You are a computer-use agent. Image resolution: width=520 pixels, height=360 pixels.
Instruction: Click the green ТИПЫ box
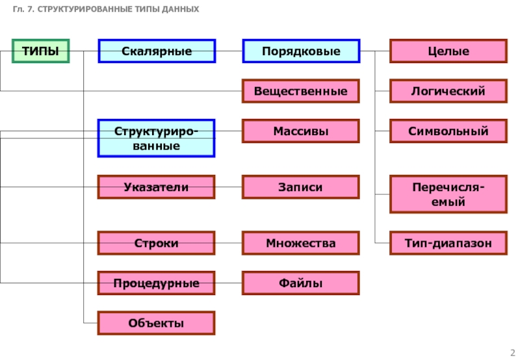pyautogui.click(x=41, y=51)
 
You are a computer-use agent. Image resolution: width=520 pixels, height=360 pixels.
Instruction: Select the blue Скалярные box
pyautogui.click(x=157, y=51)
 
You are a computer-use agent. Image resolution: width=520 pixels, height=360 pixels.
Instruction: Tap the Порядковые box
pyautogui.click(x=301, y=51)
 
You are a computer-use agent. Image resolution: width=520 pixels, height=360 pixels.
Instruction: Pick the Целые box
pyautogui.click(x=448, y=51)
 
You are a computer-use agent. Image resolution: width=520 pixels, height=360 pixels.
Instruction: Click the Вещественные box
pyautogui.click(x=301, y=91)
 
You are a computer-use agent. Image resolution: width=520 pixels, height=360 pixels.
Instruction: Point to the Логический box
pyautogui.click(x=448, y=91)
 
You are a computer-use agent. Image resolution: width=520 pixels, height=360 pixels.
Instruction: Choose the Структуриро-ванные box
pyautogui.click(x=157, y=138)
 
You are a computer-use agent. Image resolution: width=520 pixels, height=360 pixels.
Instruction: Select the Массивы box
pyautogui.click(x=301, y=131)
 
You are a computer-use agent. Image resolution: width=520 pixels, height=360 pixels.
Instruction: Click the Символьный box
pyautogui.click(x=448, y=131)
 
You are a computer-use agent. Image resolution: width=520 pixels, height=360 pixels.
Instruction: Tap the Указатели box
pyautogui.click(x=157, y=187)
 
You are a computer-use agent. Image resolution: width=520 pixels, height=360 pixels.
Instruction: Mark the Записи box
pyautogui.click(x=301, y=187)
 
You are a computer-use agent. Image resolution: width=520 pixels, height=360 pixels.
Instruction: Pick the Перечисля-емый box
pyautogui.click(x=448, y=194)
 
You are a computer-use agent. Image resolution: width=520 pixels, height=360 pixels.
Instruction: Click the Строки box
pyautogui.click(x=157, y=243)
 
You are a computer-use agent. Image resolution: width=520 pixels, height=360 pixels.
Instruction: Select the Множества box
pyautogui.click(x=301, y=243)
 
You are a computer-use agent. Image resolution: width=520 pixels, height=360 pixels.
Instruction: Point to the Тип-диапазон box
pyautogui.click(x=448, y=243)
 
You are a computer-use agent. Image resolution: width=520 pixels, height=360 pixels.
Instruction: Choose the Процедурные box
pyautogui.click(x=157, y=283)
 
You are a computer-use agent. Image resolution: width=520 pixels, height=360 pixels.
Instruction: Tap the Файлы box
pyautogui.click(x=301, y=283)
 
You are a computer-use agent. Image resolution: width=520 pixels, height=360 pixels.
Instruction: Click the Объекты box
pyautogui.click(x=157, y=323)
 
